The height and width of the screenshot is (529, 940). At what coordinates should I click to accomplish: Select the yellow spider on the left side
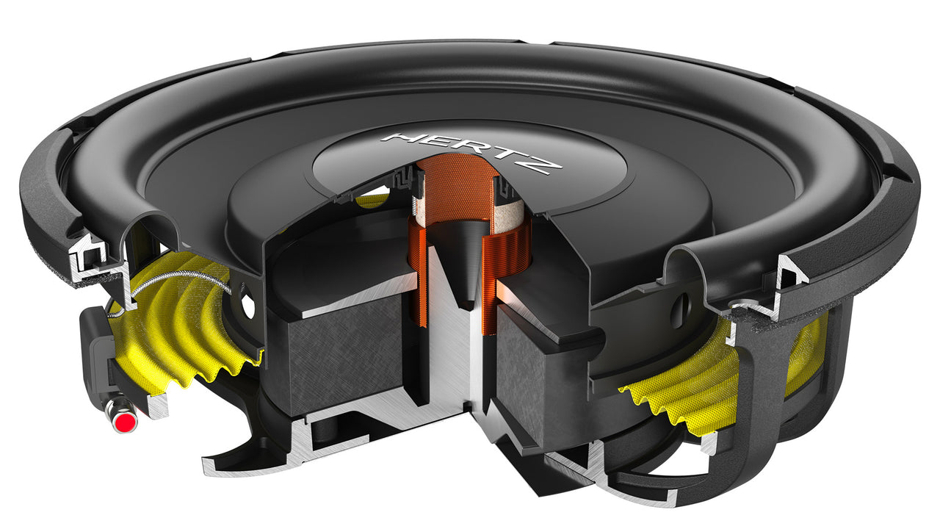(x=184, y=323)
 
